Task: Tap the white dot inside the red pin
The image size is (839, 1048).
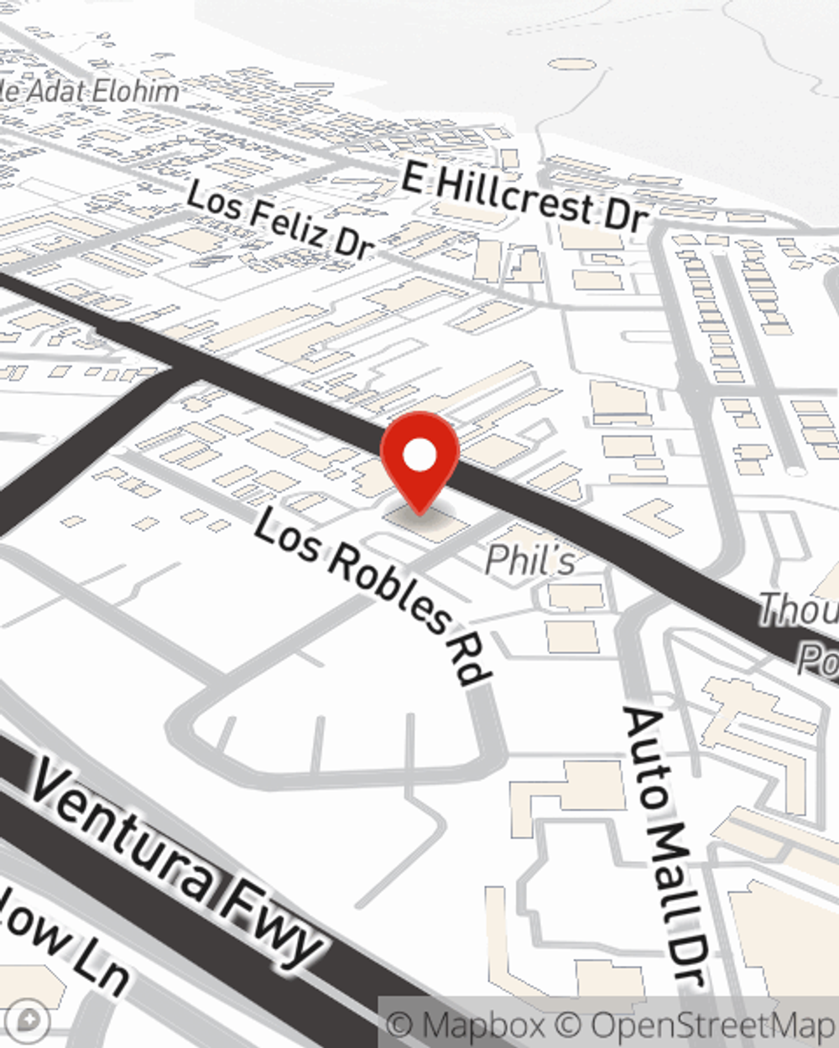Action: click(x=419, y=456)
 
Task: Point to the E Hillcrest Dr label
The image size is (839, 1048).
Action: click(x=525, y=198)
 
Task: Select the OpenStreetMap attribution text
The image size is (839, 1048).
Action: click(x=713, y=1025)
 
